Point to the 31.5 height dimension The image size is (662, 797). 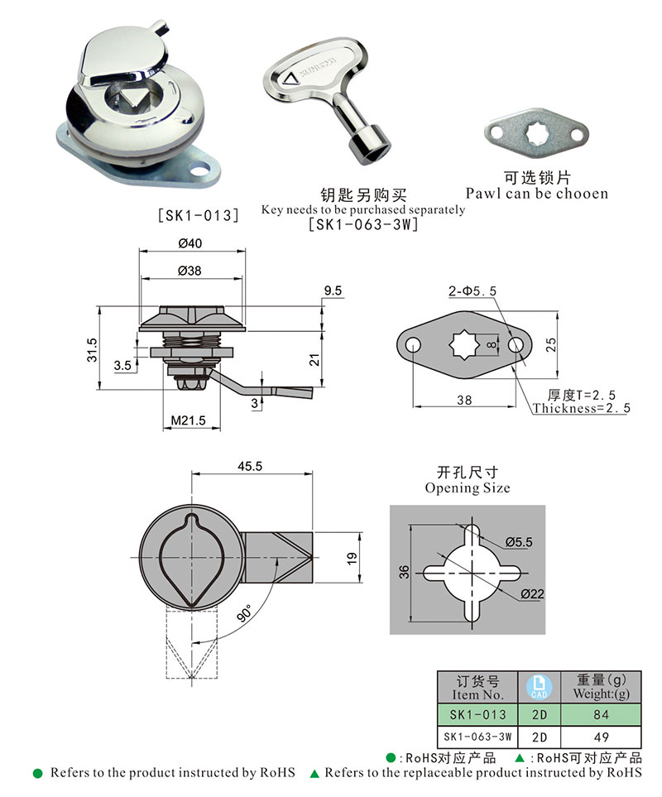coord(93,348)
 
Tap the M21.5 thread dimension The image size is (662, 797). coord(188,421)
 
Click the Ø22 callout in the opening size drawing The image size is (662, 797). coord(535,595)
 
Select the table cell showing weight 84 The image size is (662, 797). coord(601,714)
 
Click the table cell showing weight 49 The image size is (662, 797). coord(601,736)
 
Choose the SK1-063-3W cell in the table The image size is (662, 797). coord(477,736)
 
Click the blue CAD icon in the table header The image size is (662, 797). coord(539,685)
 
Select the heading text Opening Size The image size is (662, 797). coord(468,487)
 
